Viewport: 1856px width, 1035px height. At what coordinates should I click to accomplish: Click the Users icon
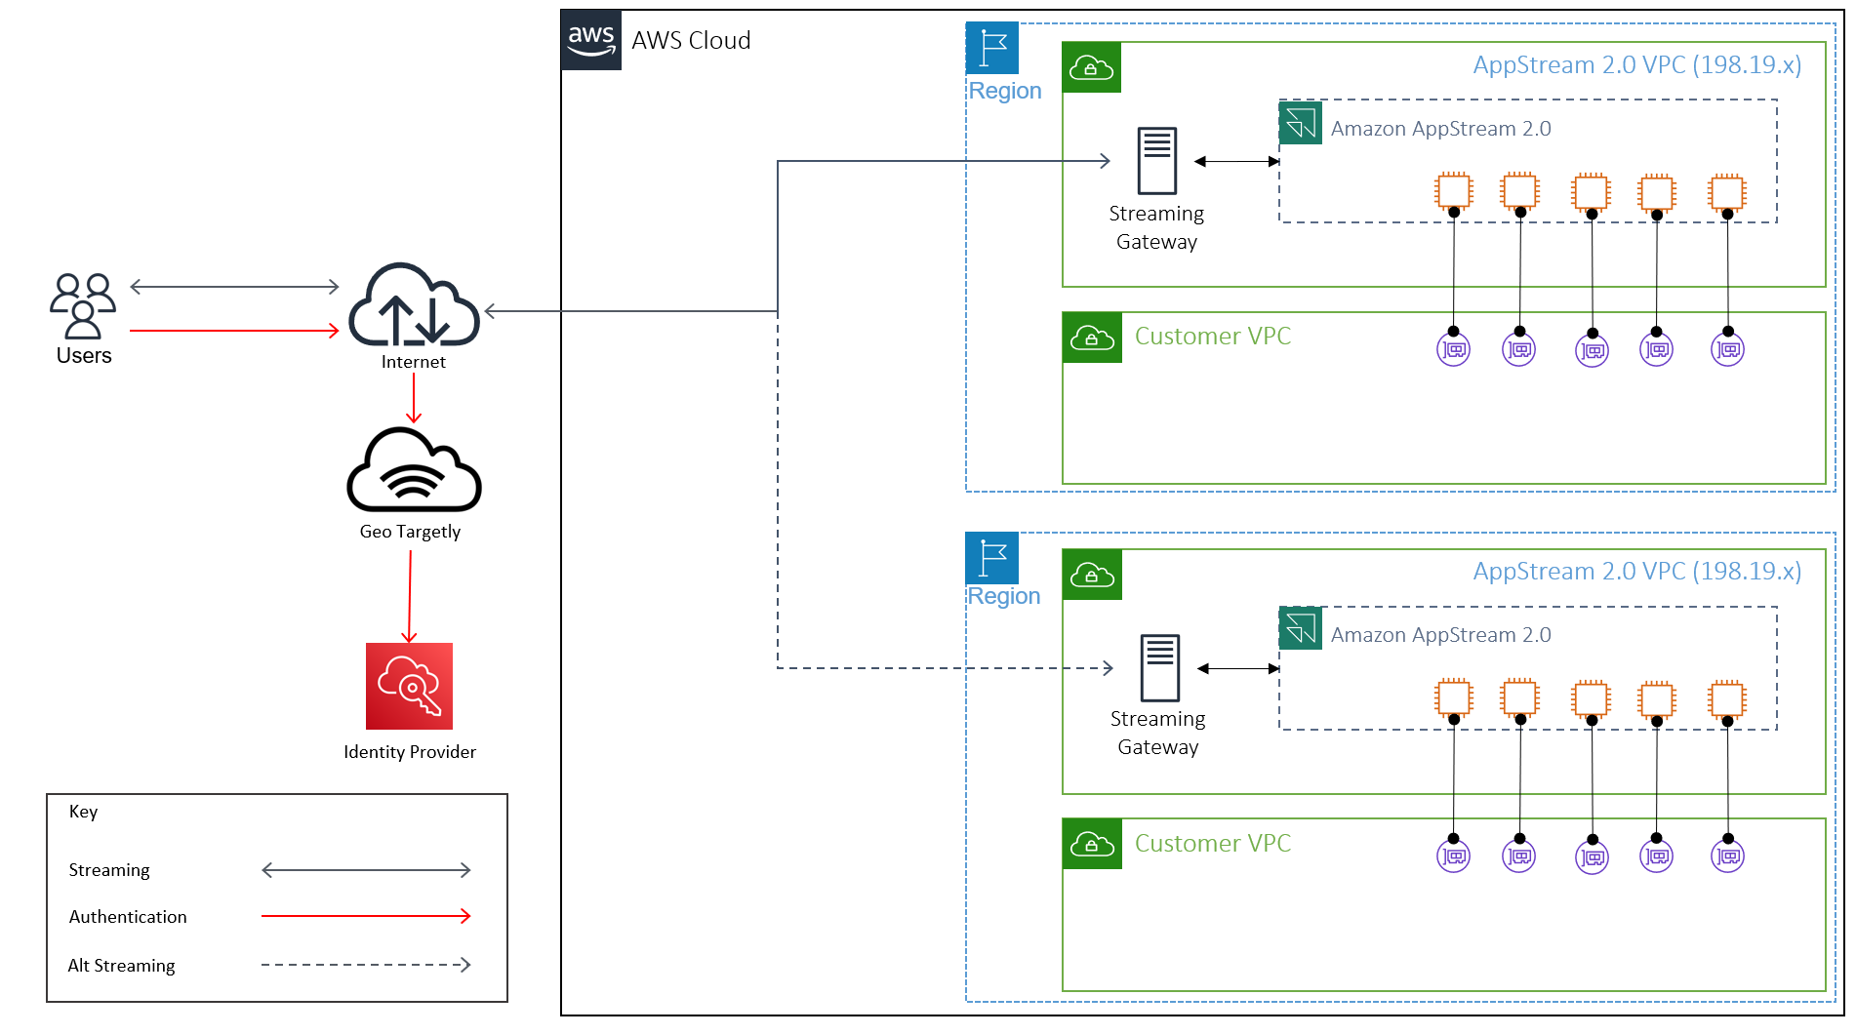click(x=83, y=305)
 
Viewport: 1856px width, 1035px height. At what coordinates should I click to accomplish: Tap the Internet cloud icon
click(x=414, y=305)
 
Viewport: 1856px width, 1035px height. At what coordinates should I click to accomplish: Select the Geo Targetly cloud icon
click(x=414, y=471)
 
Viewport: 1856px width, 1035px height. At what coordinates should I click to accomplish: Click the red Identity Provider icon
click(x=409, y=686)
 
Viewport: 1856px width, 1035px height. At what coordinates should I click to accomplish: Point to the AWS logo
click(x=591, y=41)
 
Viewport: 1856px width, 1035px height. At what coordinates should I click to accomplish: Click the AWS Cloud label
click(x=691, y=41)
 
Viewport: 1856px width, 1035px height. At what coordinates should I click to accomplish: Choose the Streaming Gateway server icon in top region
click(x=1157, y=161)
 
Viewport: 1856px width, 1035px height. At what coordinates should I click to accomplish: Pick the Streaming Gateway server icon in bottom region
click(x=1160, y=667)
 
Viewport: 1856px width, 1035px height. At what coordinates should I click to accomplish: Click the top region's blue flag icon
click(x=992, y=48)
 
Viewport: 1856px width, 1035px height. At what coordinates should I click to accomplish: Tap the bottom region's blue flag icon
click(x=992, y=558)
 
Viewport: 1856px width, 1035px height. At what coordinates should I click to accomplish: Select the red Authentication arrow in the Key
click(x=366, y=916)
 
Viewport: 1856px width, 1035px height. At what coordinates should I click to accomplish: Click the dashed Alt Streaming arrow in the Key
click(x=366, y=965)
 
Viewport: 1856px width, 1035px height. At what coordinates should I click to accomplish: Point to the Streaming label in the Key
click(x=109, y=870)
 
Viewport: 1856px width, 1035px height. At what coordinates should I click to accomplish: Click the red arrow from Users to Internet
click(x=234, y=331)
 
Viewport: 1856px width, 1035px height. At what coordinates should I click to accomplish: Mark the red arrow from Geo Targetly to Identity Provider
click(x=410, y=595)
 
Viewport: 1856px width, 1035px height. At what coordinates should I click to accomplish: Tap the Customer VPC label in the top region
click(x=1212, y=337)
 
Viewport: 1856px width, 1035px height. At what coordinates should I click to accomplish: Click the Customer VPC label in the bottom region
click(x=1212, y=844)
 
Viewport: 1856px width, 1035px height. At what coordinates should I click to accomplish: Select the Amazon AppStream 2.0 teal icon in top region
click(x=1301, y=123)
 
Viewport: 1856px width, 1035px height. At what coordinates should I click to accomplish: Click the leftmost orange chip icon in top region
click(x=1453, y=190)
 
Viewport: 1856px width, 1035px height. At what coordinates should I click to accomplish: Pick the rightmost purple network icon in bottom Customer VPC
click(x=1727, y=856)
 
